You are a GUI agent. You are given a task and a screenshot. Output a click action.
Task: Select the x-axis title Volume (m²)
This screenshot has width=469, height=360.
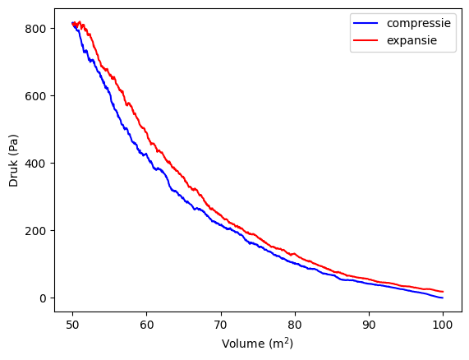pos(257,344)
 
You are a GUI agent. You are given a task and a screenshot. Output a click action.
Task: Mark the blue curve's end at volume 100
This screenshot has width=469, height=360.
pos(443,298)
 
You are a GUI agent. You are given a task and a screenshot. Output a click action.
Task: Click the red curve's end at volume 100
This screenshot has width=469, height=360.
pos(443,292)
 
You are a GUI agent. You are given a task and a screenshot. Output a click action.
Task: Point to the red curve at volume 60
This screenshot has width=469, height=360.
pos(146,132)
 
